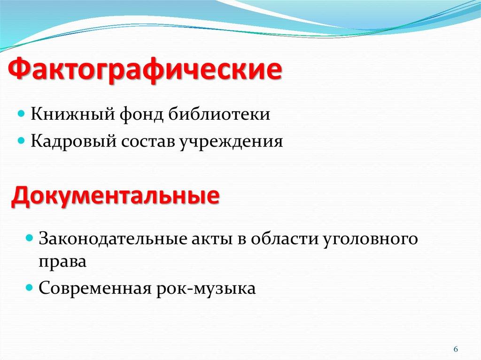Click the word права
coord(62,261)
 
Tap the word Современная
coord(94,287)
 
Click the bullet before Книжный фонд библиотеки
coord(21,115)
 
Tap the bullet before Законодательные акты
coord(29,238)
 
